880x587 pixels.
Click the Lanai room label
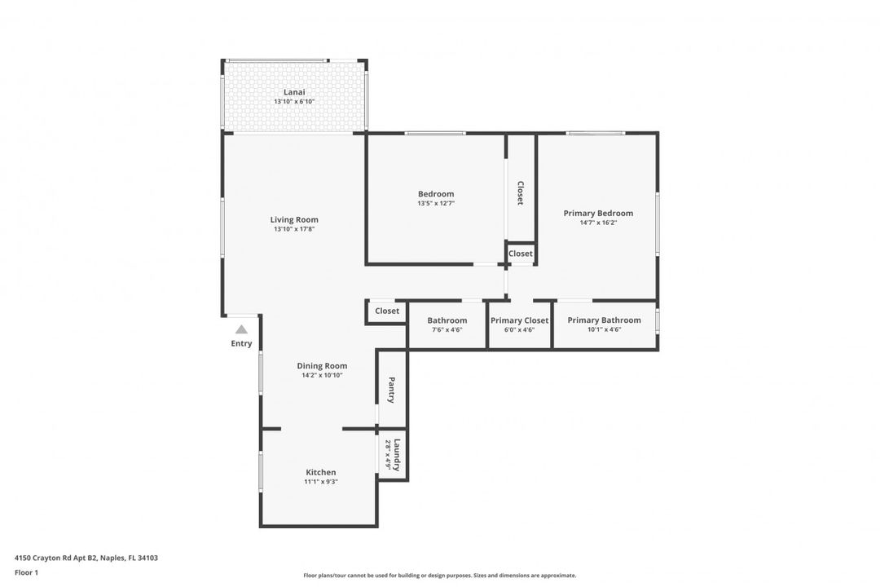coord(294,92)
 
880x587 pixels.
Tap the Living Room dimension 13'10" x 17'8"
coord(294,230)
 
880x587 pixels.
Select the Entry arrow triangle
coord(241,329)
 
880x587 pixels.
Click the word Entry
coord(241,344)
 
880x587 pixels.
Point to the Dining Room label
coord(322,366)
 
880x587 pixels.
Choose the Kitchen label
coord(320,472)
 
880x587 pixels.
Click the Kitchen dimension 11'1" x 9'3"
coord(320,482)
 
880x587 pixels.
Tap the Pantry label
coord(392,389)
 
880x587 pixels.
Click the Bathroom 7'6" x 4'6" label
coord(447,320)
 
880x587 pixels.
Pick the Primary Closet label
coord(519,320)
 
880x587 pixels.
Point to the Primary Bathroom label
coord(604,320)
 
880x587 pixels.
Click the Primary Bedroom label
coord(598,213)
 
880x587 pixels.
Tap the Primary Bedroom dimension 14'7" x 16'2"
coord(598,223)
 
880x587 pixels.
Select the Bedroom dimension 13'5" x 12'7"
coord(435,204)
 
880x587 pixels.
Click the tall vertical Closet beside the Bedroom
coord(520,192)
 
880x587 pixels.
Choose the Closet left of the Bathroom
coord(387,311)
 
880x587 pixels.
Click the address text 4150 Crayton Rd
coord(57,558)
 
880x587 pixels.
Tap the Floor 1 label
coord(26,572)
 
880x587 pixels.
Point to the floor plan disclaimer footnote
coord(439,575)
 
